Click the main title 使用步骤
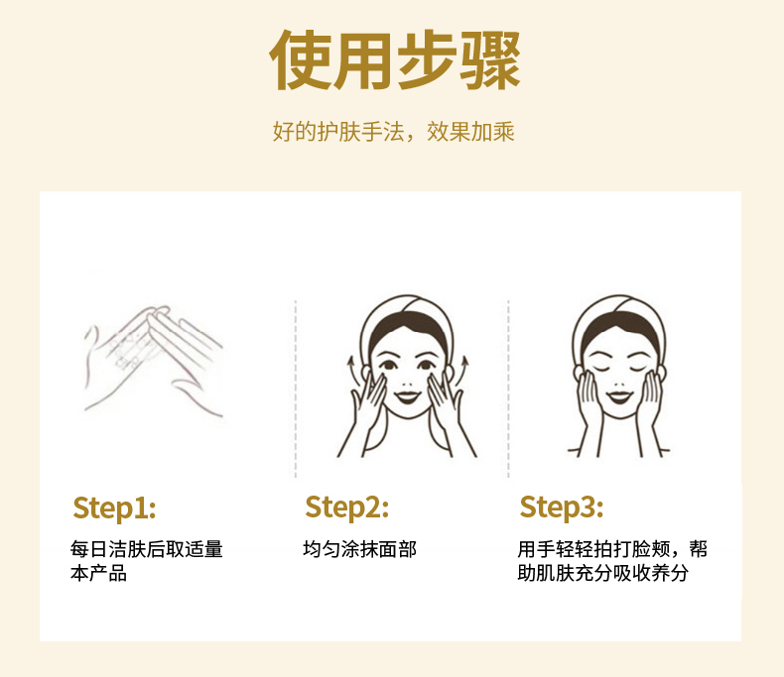tap(395, 59)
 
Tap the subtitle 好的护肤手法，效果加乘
tap(394, 132)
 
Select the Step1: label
tap(114, 508)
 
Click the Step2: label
tap(347, 508)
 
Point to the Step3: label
tap(562, 508)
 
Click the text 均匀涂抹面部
tap(359, 549)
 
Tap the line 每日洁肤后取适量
tap(147, 549)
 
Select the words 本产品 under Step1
tap(98, 573)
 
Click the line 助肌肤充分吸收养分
tap(603, 573)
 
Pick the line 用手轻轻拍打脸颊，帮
tap(612, 549)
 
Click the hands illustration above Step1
tap(153, 362)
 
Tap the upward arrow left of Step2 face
tap(351, 372)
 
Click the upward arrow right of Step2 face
tap(464, 372)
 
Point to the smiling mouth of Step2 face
tap(407, 397)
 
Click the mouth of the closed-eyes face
tap(619, 397)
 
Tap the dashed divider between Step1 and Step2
tap(296, 389)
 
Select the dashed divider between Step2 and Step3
tap(508, 389)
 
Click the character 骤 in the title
tap(490, 60)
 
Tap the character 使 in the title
tap(300, 59)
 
